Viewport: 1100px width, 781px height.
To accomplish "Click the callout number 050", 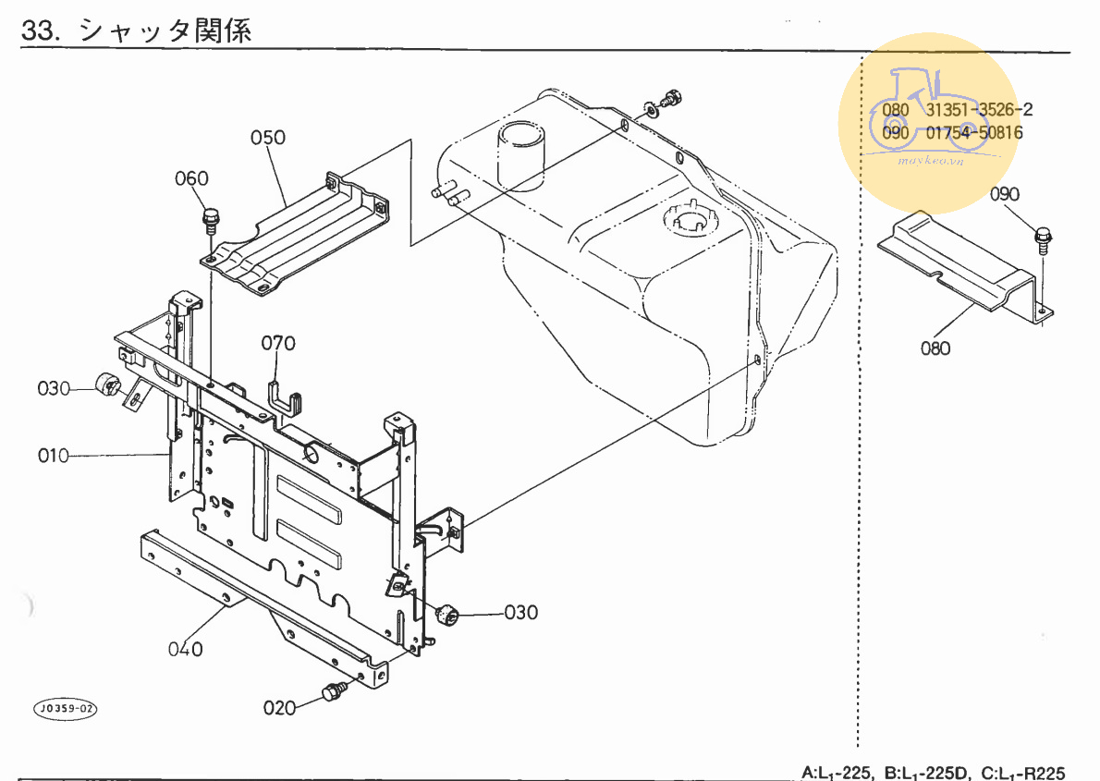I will (x=268, y=139).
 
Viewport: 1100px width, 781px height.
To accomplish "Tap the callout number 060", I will (x=191, y=178).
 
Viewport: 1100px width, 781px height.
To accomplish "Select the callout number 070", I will (x=277, y=344).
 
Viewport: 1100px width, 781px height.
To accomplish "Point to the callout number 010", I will (x=54, y=456).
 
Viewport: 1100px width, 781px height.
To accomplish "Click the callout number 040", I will (x=185, y=649).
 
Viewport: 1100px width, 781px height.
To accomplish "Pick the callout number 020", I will (x=279, y=708).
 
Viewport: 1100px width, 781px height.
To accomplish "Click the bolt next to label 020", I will (x=332, y=691).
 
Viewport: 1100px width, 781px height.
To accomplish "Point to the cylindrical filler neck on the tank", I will (x=523, y=153).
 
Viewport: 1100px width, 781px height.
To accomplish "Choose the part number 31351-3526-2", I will (x=980, y=110).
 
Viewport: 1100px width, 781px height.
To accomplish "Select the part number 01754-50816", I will (x=974, y=132).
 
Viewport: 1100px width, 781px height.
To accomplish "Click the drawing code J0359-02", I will (x=65, y=709).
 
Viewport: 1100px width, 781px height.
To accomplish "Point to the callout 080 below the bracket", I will (x=935, y=348).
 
